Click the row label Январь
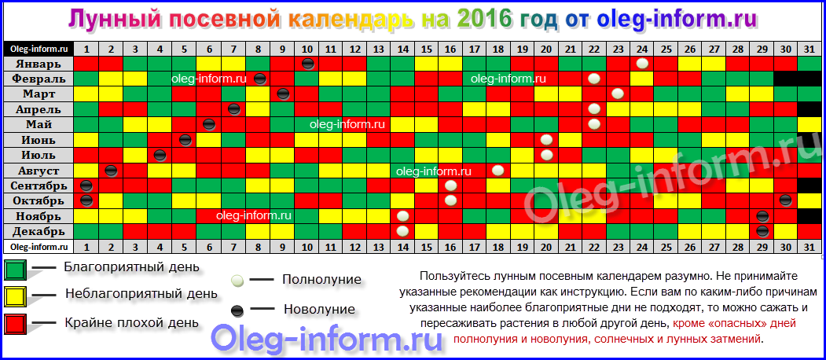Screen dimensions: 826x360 coord(44,64)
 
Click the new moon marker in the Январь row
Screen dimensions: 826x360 coord(308,64)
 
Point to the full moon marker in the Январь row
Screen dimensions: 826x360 coord(641,64)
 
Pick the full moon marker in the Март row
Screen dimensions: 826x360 coord(618,94)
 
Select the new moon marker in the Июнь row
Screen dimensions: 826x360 coord(185,140)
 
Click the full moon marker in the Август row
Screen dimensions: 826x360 coord(497,171)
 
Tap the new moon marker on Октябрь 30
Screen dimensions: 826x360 coord(785,200)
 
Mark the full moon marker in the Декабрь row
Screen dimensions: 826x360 coord(402,231)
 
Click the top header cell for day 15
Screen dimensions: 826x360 coord(427,49)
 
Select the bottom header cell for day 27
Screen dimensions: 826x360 coord(714,246)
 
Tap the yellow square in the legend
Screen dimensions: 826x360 coord(15,296)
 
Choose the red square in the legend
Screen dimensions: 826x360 coord(15,324)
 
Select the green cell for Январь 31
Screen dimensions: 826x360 coord(809,64)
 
